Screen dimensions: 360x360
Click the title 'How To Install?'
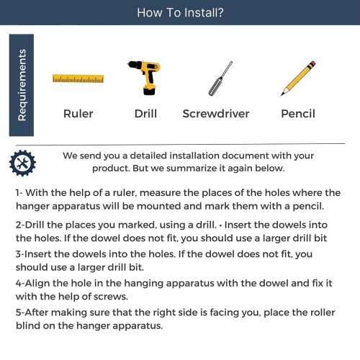180,12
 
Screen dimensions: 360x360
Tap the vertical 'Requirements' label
22,85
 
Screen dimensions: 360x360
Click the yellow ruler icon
78,78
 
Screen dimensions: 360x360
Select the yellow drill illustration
145,78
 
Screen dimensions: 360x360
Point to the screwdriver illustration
220,78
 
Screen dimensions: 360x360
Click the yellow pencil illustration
298,78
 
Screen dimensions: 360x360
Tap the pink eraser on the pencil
312,64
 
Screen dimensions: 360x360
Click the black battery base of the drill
149,91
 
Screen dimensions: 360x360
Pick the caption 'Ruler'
78,114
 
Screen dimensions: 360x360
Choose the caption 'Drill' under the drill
145,114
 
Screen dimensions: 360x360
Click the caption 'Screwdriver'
216,114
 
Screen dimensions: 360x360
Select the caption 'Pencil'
298,114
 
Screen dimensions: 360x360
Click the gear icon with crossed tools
22,163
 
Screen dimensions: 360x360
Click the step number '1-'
19,193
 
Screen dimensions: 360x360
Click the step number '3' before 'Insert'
19,254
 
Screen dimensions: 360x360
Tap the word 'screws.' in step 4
111,297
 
